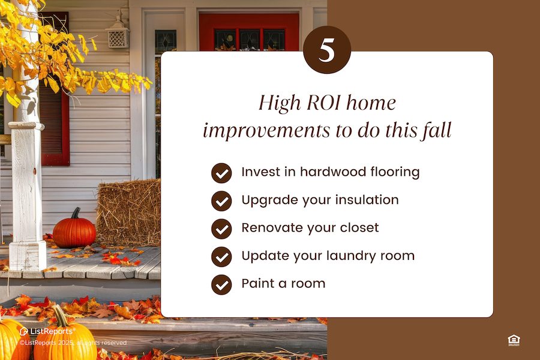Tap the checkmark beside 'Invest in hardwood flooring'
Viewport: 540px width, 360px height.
tap(221, 173)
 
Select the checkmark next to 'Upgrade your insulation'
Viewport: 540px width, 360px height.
tap(221, 200)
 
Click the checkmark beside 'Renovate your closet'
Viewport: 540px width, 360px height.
tap(221, 229)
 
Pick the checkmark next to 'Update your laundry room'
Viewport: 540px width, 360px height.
tap(221, 256)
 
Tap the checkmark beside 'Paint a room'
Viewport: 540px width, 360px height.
tap(221, 284)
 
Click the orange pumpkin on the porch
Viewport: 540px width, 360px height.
tap(74, 230)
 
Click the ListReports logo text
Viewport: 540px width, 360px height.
tap(50, 331)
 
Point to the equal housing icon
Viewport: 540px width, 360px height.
tap(514, 340)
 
